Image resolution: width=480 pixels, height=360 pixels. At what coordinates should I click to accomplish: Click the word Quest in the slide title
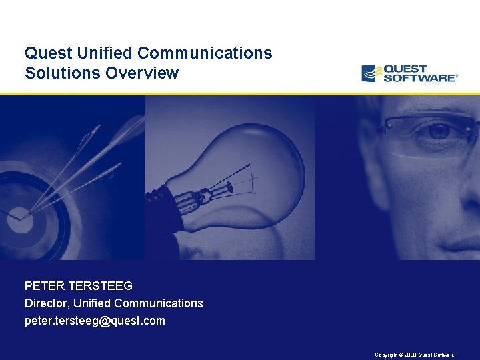pos(44,53)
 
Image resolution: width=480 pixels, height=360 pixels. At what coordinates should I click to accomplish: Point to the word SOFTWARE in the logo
pos(420,78)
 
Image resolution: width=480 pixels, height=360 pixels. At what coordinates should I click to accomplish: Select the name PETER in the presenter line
pos(43,286)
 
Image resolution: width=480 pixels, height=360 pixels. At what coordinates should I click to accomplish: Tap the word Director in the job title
pos(46,303)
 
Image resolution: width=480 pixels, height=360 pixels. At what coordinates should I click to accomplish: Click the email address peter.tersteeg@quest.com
pos(95,321)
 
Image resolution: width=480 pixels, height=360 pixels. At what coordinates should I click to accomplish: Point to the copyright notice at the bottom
pos(414,355)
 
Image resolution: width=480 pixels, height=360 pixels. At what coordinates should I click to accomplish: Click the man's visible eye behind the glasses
pos(437,131)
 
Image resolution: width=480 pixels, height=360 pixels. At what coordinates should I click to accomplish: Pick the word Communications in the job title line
pos(159,303)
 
